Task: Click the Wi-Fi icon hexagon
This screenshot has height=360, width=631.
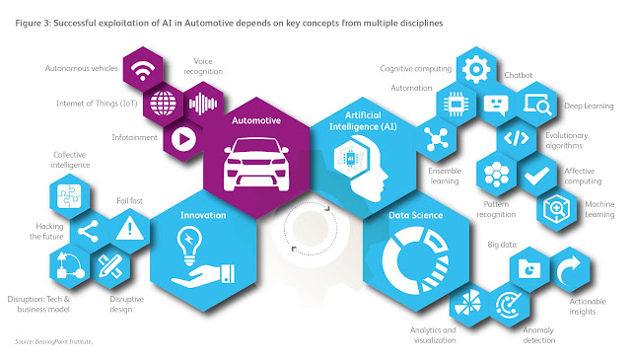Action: coord(143,69)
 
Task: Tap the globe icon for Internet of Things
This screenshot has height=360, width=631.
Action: coord(163,104)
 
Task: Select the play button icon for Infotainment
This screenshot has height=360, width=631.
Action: coord(183,139)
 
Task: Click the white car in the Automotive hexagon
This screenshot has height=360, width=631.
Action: coord(256,164)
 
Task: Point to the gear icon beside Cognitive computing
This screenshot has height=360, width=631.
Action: coord(476,69)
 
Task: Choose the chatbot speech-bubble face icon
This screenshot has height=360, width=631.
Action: coord(496,106)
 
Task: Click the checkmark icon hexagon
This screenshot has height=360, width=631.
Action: coord(536,176)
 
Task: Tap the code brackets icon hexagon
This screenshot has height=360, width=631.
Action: coord(517,138)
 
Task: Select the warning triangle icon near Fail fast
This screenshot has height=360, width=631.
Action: coord(129,228)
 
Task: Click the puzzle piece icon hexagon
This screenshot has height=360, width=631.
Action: coord(69,196)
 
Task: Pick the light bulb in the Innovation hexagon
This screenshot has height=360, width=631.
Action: coord(189,246)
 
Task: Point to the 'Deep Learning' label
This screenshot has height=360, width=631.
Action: coord(589,106)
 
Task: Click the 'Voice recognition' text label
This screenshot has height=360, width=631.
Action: coord(203,66)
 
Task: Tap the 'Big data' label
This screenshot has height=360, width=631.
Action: coord(502,245)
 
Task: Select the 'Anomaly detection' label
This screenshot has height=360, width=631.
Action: coord(539,335)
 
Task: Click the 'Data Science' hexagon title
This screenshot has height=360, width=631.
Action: coord(416,215)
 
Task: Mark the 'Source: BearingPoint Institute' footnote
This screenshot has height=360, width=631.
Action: coord(54,342)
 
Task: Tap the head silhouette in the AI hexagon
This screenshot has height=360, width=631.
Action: coord(364,167)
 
